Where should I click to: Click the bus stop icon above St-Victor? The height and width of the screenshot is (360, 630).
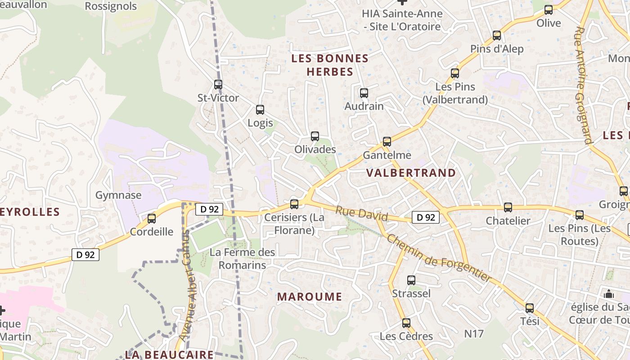tap(218, 85)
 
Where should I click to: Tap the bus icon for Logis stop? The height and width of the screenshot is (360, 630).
tap(260, 110)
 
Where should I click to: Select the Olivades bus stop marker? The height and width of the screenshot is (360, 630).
tap(315, 136)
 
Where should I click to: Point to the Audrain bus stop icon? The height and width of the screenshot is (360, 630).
tap(364, 93)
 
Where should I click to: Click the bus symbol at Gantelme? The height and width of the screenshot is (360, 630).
tap(387, 142)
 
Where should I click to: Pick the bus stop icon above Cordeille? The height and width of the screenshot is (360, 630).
tap(152, 219)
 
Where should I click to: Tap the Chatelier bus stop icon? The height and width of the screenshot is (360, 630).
tap(508, 207)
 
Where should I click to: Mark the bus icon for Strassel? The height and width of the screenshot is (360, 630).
tap(411, 280)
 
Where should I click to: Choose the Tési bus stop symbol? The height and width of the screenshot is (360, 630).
tap(530, 308)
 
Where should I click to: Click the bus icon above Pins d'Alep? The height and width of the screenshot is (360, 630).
tap(497, 36)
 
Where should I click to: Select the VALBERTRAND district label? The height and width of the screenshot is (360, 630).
tap(411, 173)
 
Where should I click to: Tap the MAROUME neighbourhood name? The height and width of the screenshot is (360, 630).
tap(310, 297)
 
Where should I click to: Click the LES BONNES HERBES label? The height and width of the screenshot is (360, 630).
tap(330, 65)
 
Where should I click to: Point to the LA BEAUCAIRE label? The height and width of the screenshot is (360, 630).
tap(169, 355)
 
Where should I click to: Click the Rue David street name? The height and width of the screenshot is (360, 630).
tap(362, 213)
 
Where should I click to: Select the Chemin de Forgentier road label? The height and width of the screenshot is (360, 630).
tap(439, 258)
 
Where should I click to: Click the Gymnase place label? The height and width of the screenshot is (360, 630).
tap(118, 195)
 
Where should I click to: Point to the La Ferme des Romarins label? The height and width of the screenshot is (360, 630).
tap(242, 258)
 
